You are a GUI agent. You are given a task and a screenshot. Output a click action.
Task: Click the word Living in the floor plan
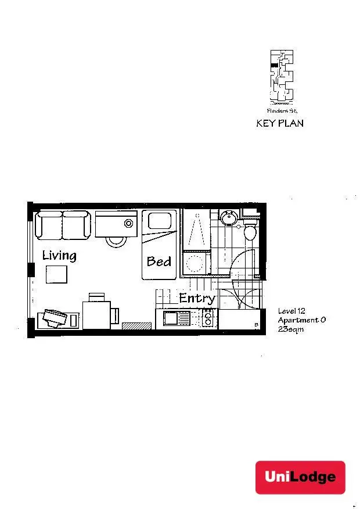59,256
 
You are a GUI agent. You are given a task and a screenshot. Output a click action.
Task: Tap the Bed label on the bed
159,261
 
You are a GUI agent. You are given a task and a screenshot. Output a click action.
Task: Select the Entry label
197,299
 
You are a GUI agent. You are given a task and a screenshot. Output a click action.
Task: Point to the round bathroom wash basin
228,217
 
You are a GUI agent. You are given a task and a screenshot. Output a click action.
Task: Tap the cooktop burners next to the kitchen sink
207,318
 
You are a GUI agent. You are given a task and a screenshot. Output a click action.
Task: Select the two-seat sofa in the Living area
63,225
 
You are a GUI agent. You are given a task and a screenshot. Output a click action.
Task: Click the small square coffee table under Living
57,274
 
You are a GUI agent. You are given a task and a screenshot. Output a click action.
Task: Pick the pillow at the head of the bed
159,221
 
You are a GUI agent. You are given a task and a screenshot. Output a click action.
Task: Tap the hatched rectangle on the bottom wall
136,326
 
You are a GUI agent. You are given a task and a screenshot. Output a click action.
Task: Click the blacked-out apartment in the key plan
274,67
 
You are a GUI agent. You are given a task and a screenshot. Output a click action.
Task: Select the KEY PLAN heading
280,123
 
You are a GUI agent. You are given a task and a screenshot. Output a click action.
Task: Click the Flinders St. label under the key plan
282,110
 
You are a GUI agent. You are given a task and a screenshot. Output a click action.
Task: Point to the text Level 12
291,311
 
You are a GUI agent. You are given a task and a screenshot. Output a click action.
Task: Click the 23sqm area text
291,329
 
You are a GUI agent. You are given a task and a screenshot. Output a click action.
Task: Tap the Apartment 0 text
297,320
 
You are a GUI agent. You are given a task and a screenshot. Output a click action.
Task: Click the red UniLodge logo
300,477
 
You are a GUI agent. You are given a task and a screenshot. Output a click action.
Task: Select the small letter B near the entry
256,325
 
